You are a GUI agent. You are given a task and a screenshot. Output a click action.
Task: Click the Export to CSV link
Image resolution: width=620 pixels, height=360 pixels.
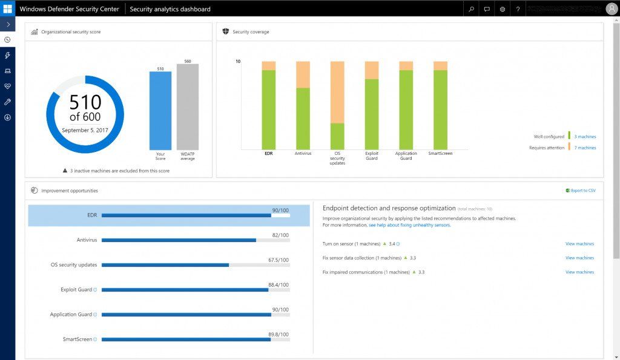(583, 191)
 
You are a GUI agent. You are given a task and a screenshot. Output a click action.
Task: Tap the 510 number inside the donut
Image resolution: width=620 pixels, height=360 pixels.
(85, 102)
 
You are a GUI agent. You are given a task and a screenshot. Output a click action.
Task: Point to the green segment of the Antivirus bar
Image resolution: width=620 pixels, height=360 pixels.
(303, 118)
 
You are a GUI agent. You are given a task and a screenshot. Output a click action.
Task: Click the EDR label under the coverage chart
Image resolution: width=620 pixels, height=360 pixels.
(268, 154)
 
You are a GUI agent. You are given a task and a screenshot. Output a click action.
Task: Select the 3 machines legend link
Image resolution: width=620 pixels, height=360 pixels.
(585, 137)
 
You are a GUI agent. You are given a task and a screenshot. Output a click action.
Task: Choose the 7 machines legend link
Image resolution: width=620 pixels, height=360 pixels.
(585, 148)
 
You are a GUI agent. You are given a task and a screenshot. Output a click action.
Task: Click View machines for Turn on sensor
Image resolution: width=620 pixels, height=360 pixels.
(579, 244)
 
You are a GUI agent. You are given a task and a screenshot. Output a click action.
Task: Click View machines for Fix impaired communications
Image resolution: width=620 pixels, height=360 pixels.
(579, 272)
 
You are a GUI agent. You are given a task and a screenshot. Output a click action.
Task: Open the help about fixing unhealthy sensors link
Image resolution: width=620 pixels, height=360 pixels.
(409, 225)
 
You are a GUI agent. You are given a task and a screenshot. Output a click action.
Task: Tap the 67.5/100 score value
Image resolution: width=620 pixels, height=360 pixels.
(279, 260)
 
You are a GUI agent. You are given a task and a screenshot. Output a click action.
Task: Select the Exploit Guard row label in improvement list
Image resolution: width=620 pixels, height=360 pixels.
(77, 290)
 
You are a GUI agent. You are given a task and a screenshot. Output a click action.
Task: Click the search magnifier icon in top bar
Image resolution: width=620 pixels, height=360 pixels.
(471, 9)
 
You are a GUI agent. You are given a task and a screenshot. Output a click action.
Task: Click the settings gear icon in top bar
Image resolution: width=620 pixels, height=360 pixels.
(503, 9)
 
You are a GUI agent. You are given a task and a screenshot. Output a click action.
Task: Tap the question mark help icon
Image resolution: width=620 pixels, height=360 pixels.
(518, 9)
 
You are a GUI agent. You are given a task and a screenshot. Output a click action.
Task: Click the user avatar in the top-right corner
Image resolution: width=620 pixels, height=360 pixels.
(612, 9)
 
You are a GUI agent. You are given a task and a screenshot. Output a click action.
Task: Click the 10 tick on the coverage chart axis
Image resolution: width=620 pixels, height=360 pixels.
(238, 62)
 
